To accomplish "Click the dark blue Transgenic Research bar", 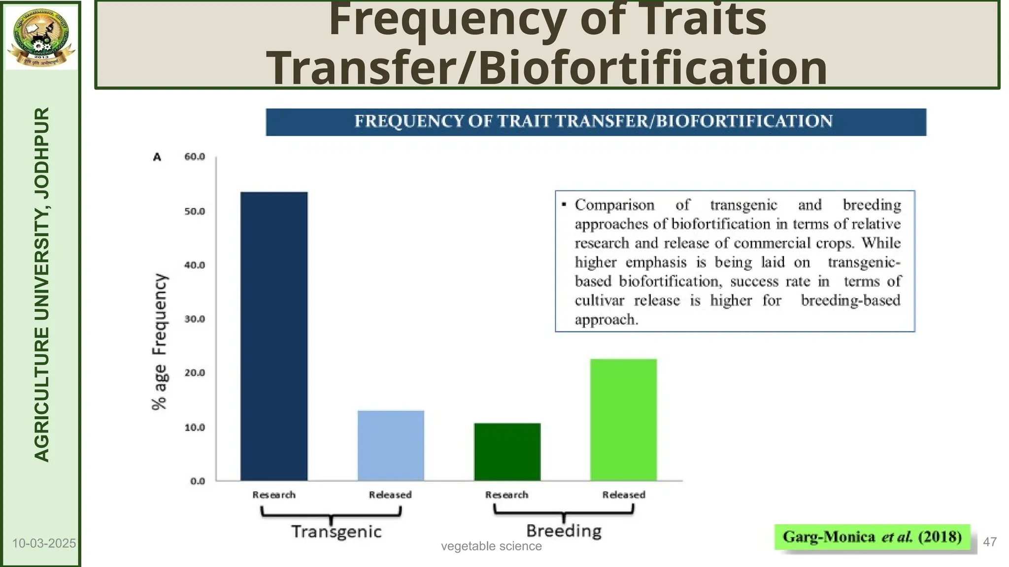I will pyautogui.click(x=274, y=336).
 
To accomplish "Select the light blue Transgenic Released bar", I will pyautogui.click(x=391, y=445).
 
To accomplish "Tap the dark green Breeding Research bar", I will pyautogui.click(x=507, y=451).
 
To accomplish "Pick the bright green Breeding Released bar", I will pyautogui.click(x=623, y=419).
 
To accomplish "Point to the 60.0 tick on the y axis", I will pyautogui.click(x=195, y=157).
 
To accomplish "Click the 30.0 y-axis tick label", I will pyautogui.click(x=195, y=319).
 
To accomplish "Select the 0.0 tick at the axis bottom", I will pyautogui.click(x=197, y=481).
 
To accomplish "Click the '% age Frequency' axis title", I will pyautogui.click(x=159, y=342).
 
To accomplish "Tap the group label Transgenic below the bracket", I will pyautogui.click(x=336, y=532).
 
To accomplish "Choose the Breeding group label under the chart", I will pyautogui.click(x=564, y=531).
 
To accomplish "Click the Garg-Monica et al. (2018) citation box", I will pyautogui.click(x=872, y=536).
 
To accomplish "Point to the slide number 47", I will pyautogui.click(x=990, y=542).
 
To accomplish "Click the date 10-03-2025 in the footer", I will pyautogui.click(x=44, y=543).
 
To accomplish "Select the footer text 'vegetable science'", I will pyautogui.click(x=491, y=546).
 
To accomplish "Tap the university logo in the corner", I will pyautogui.click(x=41, y=37).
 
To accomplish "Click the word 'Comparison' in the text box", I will pyautogui.click(x=614, y=205).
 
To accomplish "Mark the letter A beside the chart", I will pyautogui.click(x=157, y=157).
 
